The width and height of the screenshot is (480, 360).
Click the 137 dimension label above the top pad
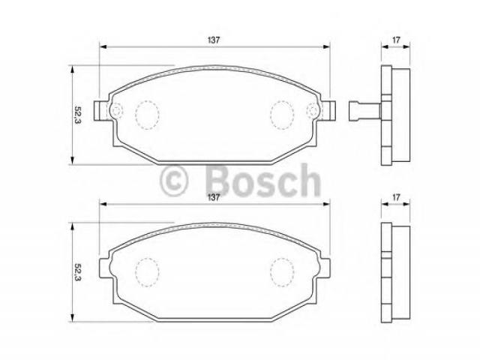tap(214, 40)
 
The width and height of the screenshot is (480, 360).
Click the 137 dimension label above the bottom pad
tap(214, 197)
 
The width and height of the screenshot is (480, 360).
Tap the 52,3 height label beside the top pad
tap(77, 115)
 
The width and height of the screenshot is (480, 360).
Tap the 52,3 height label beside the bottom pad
tap(77, 272)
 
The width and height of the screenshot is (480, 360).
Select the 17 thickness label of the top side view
tap(396, 40)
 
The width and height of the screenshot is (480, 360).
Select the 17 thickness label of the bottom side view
tap(396, 197)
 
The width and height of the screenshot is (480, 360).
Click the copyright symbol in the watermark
tap(173, 181)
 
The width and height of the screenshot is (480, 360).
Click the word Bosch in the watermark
tap(263, 181)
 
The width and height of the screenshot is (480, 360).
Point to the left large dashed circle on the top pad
tap(147, 115)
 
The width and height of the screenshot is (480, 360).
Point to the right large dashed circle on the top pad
tap(282, 115)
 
